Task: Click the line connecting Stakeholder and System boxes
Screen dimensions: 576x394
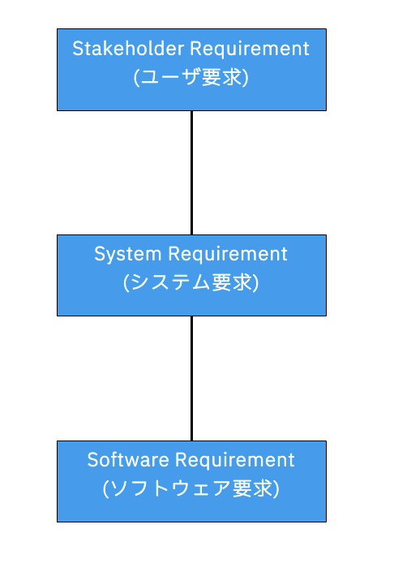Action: coord(191,172)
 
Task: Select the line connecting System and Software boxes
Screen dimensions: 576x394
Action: coord(191,378)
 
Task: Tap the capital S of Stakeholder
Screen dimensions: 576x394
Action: coord(78,49)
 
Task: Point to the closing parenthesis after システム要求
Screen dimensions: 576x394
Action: coord(255,284)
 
